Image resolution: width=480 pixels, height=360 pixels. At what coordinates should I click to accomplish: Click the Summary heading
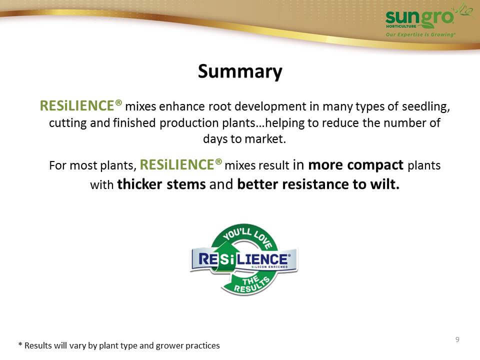[240, 71]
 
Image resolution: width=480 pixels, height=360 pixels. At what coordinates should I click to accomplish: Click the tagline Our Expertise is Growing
[420, 34]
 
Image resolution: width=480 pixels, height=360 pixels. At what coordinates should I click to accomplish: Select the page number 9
[457, 339]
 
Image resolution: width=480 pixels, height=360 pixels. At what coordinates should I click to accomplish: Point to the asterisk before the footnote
[20, 344]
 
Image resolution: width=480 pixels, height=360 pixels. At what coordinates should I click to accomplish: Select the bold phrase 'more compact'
[355, 165]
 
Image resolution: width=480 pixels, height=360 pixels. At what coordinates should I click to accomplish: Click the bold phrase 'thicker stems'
[161, 184]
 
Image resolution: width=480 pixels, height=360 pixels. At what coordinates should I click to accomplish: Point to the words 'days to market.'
[244, 139]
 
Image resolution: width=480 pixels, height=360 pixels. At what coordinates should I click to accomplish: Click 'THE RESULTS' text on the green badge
[252, 284]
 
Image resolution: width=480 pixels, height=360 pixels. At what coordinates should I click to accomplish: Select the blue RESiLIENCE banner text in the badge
[243, 259]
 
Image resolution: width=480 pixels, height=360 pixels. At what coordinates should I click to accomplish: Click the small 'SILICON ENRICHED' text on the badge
[269, 267]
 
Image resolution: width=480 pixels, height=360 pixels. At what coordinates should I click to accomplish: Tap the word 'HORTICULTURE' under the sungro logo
[401, 26]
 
